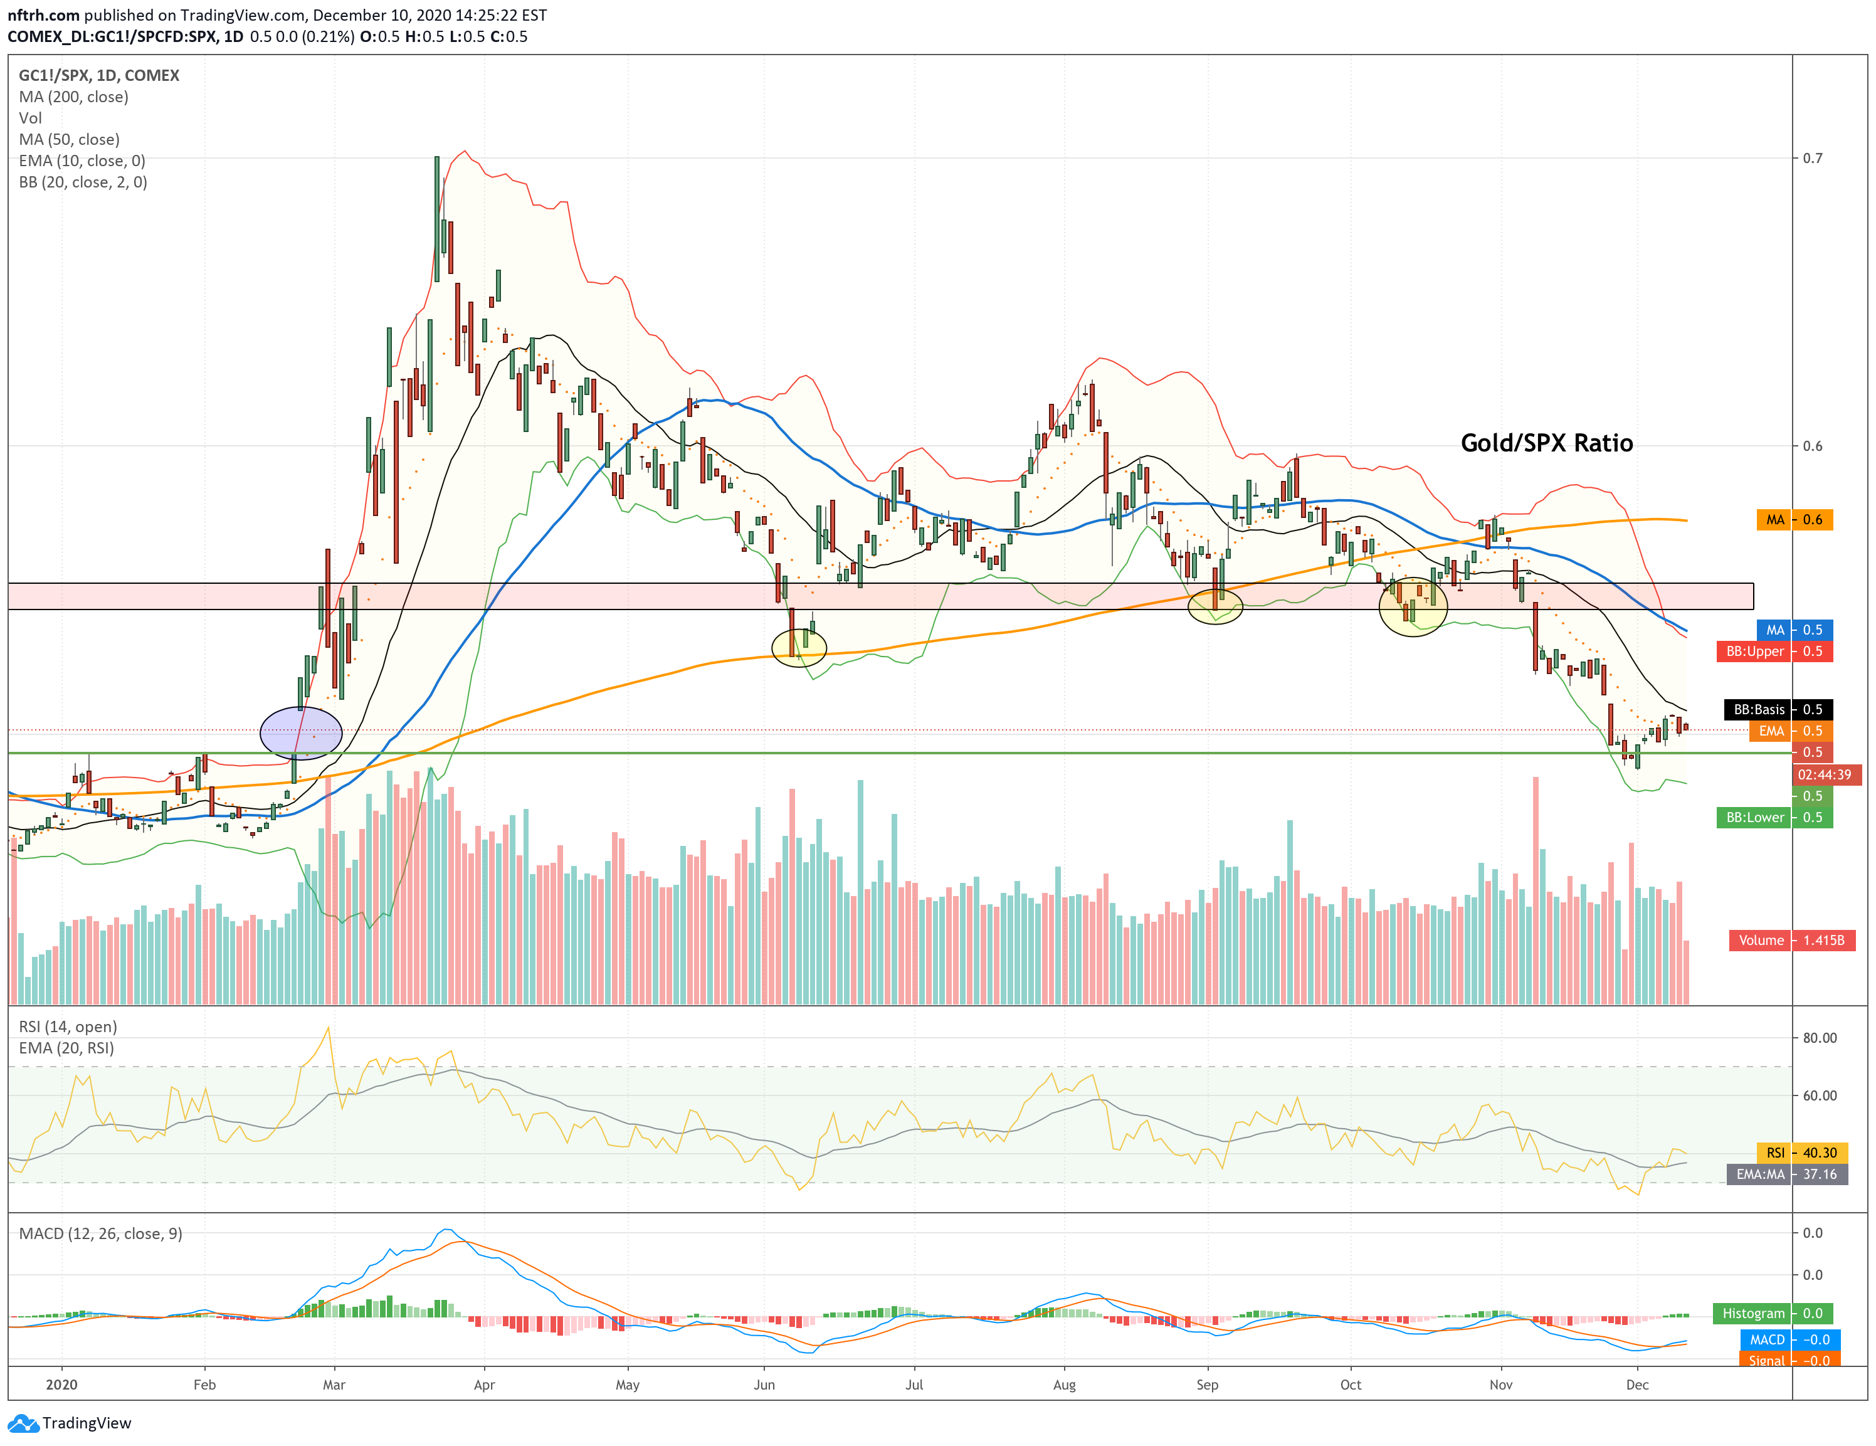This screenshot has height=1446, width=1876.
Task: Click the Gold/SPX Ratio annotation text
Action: click(x=1546, y=443)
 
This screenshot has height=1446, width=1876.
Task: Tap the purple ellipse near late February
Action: click(x=300, y=733)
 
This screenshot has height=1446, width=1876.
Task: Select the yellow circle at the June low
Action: click(x=799, y=648)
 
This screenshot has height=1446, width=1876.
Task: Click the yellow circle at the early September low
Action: click(x=1215, y=606)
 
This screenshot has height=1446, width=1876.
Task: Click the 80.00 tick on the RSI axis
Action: click(x=1820, y=1038)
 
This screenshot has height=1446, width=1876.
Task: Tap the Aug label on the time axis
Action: click(x=1063, y=1384)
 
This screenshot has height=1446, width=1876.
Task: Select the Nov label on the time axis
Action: click(x=1500, y=1384)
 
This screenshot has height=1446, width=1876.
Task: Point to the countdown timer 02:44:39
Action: click(x=1825, y=774)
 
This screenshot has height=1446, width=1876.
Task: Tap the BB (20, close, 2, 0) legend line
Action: click(x=83, y=182)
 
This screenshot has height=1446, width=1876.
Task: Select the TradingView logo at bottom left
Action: click(x=70, y=1423)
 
